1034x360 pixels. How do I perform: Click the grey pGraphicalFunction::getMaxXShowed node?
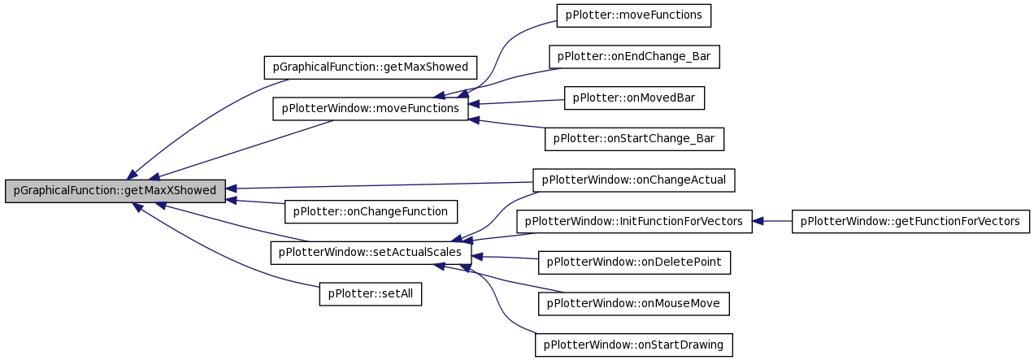coord(115,191)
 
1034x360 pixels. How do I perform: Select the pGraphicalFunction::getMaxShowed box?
coord(370,67)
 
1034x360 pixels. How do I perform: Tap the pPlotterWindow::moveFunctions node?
coord(370,109)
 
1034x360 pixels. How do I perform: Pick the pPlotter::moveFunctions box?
coord(634,15)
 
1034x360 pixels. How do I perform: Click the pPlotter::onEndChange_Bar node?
coord(634,57)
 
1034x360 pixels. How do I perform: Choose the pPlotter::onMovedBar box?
coord(634,98)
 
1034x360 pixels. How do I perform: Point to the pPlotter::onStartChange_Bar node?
coord(634,139)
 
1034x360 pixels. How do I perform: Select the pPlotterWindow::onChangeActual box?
coord(634,180)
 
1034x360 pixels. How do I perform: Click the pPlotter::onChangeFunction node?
coord(371,212)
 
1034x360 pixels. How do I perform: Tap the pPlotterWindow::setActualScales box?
coord(371,253)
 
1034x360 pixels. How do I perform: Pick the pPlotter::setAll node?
coord(370,294)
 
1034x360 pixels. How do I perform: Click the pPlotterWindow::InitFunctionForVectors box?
coord(634,222)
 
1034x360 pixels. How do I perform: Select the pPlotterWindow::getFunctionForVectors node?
coord(910,222)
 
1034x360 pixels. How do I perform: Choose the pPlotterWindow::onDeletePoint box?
coord(634,262)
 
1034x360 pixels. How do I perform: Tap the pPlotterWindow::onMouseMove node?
coord(634,304)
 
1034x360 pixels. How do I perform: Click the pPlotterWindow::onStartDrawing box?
coord(634,345)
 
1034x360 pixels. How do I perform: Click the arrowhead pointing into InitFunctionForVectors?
coord(758,222)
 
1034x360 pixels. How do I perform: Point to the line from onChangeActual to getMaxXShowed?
coord(380,185)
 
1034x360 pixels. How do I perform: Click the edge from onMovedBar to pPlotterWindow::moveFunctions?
coord(516,102)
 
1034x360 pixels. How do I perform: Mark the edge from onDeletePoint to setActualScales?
coord(505,258)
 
